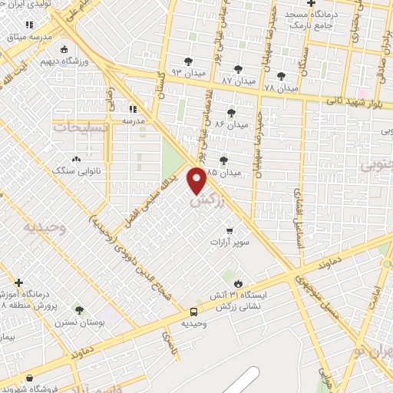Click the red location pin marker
[197, 180]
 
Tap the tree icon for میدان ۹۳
[189, 62]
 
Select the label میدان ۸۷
[237, 81]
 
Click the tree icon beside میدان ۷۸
[282, 76]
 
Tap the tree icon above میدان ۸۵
[223, 160]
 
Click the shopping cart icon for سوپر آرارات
[229, 230]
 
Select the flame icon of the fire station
[239, 283]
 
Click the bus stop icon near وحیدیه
[193, 312]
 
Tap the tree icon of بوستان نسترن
[79, 310]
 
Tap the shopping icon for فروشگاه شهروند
[29, 378]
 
